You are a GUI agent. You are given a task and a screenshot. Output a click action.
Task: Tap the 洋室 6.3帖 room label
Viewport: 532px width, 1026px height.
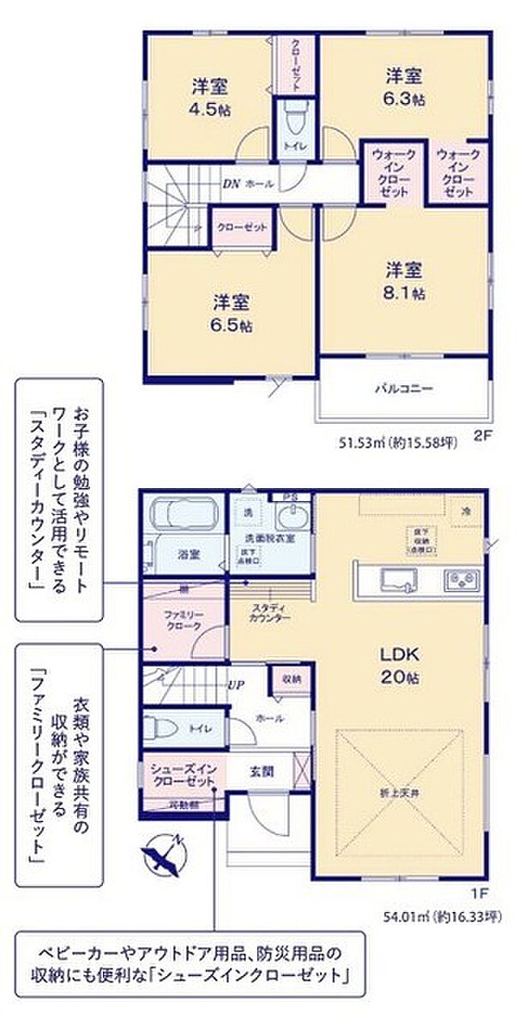(402, 86)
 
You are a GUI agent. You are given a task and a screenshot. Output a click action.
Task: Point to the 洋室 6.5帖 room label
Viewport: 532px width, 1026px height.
(232, 313)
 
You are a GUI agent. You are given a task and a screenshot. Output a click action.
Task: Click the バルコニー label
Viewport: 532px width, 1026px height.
(403, 388)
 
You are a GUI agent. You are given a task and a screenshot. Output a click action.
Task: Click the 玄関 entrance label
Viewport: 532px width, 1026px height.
(263, 770)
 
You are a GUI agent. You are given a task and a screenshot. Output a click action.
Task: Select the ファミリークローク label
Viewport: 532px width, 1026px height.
(182, 619)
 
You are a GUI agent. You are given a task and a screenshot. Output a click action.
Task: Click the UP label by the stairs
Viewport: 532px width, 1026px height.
(236, 685)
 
